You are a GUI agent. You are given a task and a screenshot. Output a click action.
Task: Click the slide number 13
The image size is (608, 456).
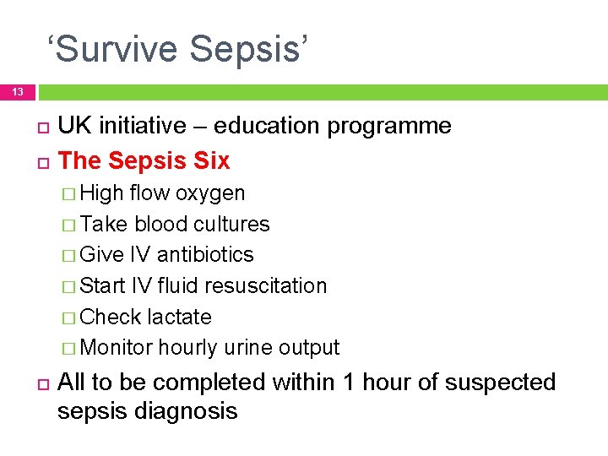tap(18, 91)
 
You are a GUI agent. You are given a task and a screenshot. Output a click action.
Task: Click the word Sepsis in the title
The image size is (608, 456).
tap(250, 49)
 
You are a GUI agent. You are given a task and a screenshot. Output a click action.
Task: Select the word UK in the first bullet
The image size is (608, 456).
tap(74, 127)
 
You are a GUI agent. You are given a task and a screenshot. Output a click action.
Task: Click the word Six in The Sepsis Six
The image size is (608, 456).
tap(211, 160)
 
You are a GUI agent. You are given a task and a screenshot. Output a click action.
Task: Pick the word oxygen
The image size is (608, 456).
tap(210, 193)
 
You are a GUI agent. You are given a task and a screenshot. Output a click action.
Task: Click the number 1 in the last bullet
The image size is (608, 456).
tap(349, 383)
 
